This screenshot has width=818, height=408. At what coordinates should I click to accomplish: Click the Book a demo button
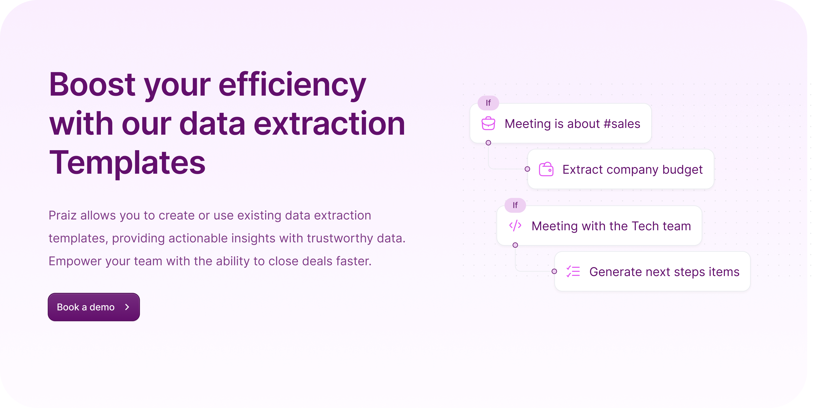pos(94,307)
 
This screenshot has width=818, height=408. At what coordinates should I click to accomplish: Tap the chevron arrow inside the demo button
pos(127,307)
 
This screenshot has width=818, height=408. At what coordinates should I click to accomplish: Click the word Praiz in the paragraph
pos(62,215)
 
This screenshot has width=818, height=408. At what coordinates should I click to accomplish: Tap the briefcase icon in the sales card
pos(488,123)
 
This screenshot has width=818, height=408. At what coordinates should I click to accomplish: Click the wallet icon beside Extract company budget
pos(546,169)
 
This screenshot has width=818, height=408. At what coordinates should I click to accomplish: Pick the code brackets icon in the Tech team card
pos(515,226)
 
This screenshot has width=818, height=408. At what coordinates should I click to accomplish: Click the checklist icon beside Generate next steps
pos(573,271)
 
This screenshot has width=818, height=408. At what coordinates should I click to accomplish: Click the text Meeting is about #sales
pos(572,124)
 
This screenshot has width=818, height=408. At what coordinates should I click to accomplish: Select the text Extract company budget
pos(633,170)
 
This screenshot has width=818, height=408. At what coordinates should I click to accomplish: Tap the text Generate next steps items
pos(664,272)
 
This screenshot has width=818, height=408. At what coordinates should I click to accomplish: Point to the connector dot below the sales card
pos(488,143)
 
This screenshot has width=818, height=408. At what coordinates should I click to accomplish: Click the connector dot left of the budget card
pos(527,169)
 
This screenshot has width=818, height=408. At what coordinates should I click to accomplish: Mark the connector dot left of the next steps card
pos(554,271)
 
